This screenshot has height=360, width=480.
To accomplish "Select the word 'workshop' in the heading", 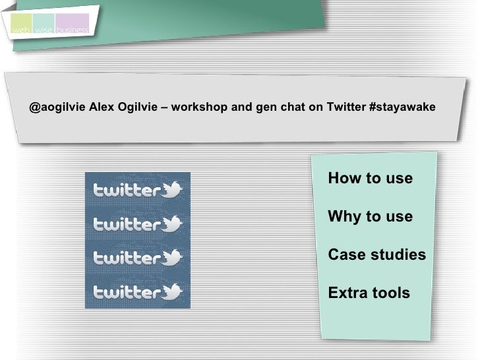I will coord(200,107).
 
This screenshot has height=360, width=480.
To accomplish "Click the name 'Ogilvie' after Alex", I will coord(136,107).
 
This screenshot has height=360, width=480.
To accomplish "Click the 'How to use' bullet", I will coord(370,179).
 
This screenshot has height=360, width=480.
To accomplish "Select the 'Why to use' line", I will coord(370,217).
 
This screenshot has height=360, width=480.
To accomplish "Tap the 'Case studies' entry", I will coord(376,255).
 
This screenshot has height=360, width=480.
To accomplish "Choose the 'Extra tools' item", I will coord(369,293).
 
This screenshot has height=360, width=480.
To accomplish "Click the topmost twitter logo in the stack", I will coord(137,191).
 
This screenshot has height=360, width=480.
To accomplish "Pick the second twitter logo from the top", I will coord(137,225).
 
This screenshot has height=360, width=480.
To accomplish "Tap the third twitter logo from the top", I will coord(137,258).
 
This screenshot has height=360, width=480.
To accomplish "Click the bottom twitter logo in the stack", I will coord(137,291).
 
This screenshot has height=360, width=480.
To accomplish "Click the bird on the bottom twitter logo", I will coord(172,291).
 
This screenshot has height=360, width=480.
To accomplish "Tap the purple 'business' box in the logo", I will coord(73,24).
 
